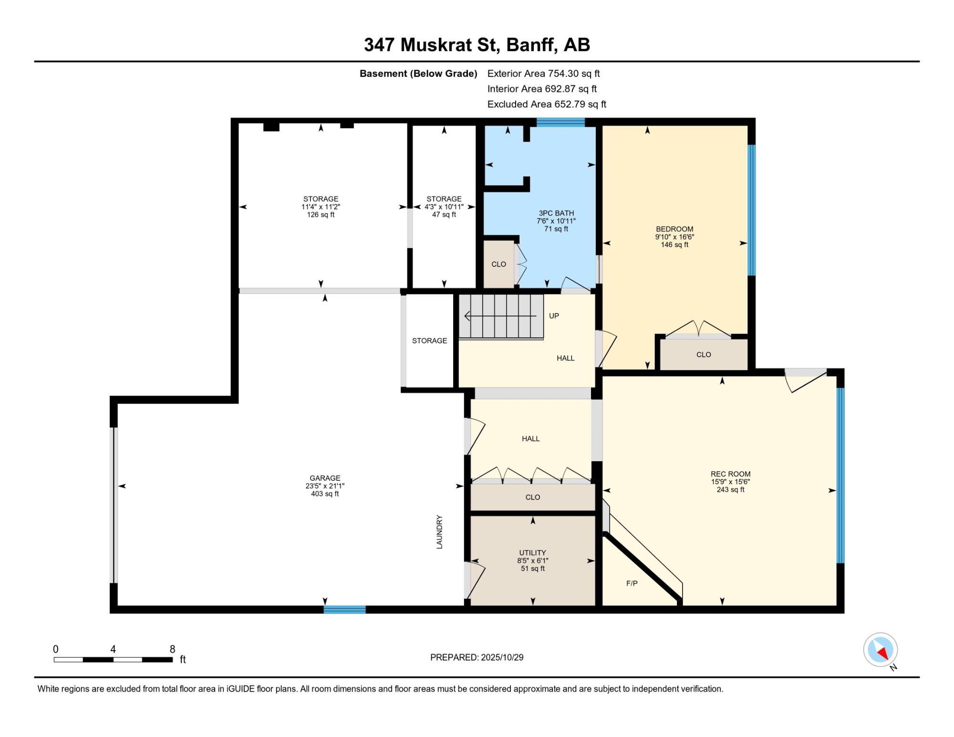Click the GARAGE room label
pyautogui.click(x=325, y=478)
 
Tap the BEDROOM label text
pyautogui.click(x=674, y=229)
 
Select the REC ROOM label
pyautogui.click(x=730, y=474)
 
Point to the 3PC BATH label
pyautogui.click(x=556, y=213)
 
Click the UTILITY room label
pyautogui.click(x=532, y=553)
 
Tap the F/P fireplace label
pyautogui.click(x=632, y=583)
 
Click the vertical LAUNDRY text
pyautogui.click(x=439, y=532)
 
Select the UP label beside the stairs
pyautogui.click(x=554, y=316)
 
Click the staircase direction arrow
pyautogui.click(x=500, y=316)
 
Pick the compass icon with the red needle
pyautogui.click(x=881, y=650)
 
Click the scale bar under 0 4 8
pyautogui.click(x=113, y=660)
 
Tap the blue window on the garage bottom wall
pyautogui.click(x=344, y=609)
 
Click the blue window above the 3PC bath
pyautogui.click(x=560, y=122)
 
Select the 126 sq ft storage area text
pyautogui.click(x=321, y=215)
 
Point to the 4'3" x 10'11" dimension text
pyautogui.click(x=444, y=207)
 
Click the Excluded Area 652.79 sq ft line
pyautogui.click(x=547, y=104)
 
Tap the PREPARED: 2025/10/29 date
pyautogui.click(x=477, y=657)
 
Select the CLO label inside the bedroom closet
pyautogui.click(x=704, y=354)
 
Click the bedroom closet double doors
pyautogui.click(x=698, y=329)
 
